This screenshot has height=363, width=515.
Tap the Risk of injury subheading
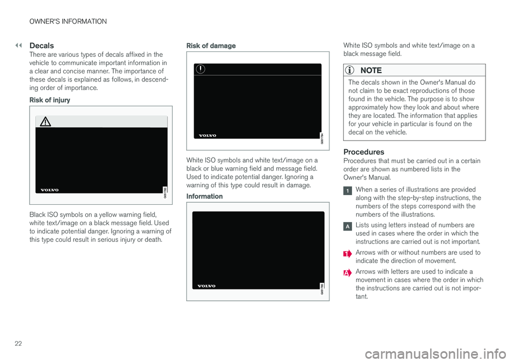tap(49, 100)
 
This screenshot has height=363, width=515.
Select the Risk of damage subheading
tap(211, 46)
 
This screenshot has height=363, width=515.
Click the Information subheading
tap(204, 196)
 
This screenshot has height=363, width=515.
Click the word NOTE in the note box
tap(371, 70)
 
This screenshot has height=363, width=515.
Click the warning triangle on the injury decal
tap(46, 122)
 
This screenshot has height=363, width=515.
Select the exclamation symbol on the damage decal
tap(200, 69)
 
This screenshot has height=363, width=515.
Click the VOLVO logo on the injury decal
tap(49, 190)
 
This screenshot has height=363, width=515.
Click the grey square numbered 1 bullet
tap(348, 191)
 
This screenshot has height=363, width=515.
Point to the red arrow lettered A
tap(348, 273)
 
